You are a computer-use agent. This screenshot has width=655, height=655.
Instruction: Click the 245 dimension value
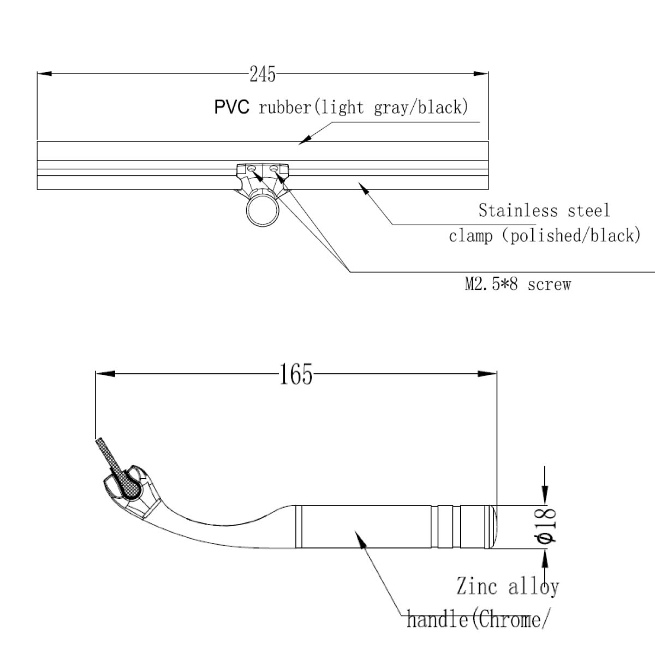[263, 74]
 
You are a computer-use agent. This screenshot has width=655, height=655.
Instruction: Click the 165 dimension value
[296, 374]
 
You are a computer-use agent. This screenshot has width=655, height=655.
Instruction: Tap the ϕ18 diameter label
[546, 526]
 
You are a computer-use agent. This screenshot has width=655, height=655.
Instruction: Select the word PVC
[231, 107]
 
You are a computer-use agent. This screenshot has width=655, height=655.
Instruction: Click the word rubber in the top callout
[284, 108]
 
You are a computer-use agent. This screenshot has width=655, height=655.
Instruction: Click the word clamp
[471, 236]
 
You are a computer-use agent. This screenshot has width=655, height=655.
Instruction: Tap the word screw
[549, 284]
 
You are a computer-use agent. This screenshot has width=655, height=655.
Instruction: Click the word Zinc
[477, 587]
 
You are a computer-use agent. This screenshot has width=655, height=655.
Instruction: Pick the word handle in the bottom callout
[437, 620]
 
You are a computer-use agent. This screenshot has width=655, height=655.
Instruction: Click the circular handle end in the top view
[263, 210]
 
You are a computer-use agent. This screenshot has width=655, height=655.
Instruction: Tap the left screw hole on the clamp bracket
[251, 170]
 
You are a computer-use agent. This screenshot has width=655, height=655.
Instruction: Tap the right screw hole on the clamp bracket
[273, 170]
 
